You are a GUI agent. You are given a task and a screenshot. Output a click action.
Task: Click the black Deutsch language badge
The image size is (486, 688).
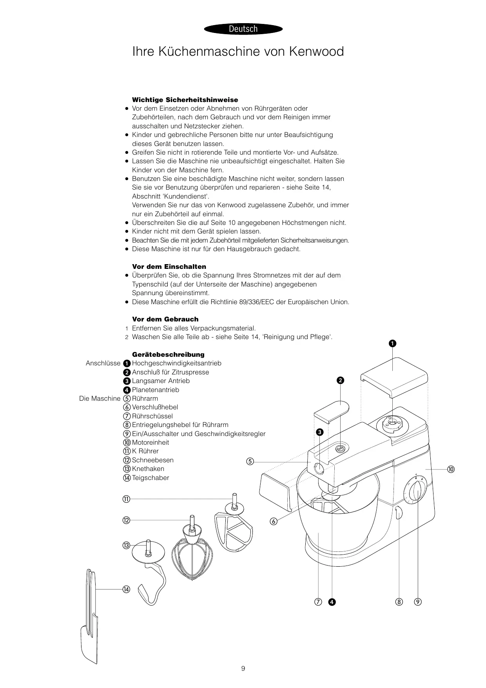[243, 29]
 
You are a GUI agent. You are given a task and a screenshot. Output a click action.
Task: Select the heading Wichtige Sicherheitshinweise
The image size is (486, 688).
[185, 100]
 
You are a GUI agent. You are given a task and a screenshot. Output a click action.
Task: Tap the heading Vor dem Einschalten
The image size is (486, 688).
[169, 266]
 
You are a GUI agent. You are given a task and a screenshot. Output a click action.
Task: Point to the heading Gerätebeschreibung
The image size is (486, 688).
[168, 354]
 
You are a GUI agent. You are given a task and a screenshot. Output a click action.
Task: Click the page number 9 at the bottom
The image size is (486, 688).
[243, 668]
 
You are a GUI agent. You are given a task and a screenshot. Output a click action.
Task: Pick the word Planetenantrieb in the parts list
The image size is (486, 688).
[155, 390]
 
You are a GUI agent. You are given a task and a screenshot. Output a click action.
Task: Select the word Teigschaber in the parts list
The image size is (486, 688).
[151, 478]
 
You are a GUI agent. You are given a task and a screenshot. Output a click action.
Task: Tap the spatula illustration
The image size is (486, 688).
[89, 620]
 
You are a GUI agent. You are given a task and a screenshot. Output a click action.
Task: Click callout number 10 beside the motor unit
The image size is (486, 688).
[451, 469]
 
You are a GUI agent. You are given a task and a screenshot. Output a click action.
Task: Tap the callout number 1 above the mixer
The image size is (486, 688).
[392, 344]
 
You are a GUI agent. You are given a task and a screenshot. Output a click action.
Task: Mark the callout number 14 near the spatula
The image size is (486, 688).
[126, 589]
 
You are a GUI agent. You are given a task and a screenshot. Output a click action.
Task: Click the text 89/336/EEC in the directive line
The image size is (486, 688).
[257, 302]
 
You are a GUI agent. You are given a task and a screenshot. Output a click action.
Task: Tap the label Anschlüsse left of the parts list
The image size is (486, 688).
[103, 363]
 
